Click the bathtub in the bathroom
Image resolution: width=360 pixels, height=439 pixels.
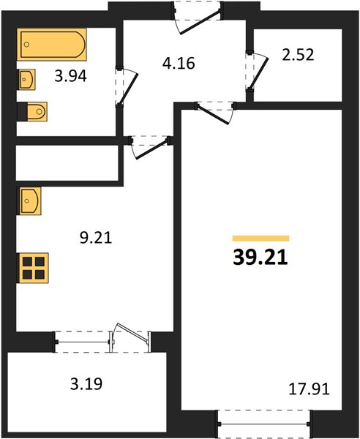pos(52,44)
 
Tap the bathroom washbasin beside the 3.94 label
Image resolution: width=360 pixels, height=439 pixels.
pos(27,80)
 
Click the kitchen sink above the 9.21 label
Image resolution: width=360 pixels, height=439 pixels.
pos(29,201)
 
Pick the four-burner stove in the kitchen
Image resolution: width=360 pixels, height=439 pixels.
pos(32,268)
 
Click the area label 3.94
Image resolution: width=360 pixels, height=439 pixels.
pos(70,76)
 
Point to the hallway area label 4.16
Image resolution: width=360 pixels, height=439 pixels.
pos(179,63)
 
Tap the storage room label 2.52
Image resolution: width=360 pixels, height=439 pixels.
pos(298,55)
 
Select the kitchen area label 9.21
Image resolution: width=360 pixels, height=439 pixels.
pos(96,238)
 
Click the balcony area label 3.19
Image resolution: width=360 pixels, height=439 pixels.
pos(86,384)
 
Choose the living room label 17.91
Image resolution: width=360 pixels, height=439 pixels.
pos(309,389)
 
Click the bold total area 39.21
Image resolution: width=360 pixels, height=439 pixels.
pos(260,258)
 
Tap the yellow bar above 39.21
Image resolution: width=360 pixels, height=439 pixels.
pos(260,239)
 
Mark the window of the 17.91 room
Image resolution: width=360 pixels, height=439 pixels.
pos(264,424)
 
